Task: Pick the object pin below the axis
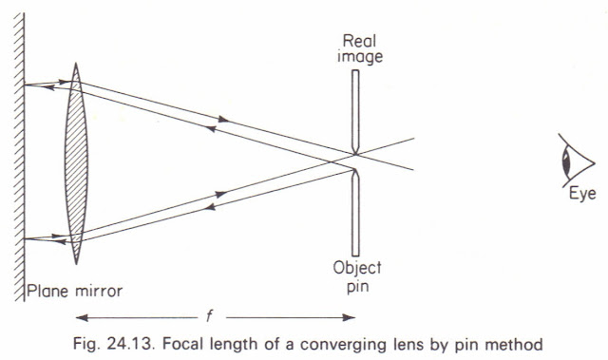(x=353, y=210)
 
